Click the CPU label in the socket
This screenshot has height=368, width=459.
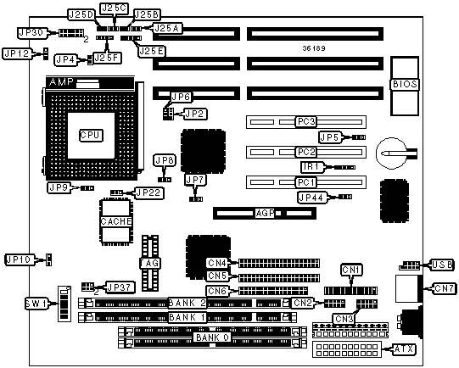coord(91,135)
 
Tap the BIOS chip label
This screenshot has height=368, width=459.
coord(405,84)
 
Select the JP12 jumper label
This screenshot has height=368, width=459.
coord(17,53)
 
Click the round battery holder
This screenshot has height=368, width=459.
coord(392,153)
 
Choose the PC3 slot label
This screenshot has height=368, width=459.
coord(306,121)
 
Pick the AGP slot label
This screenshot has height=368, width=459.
coord(265,213)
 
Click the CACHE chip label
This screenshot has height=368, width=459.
coord(116,221)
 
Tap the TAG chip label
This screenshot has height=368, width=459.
coord(150,263)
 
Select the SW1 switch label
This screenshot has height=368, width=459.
coord(36,304)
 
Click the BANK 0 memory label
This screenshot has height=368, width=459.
coord(212,337)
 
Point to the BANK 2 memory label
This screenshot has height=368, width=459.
coord(188,303)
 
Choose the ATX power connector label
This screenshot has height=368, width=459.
coord(404,349)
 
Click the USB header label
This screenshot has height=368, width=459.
coord(442,265)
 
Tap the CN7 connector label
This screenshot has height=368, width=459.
coord(444,288)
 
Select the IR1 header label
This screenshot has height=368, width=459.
coord(312,167)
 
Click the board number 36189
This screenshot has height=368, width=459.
coord(314,48)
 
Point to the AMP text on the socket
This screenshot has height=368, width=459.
coord(61,82)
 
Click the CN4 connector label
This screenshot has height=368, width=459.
coord(216,263)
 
